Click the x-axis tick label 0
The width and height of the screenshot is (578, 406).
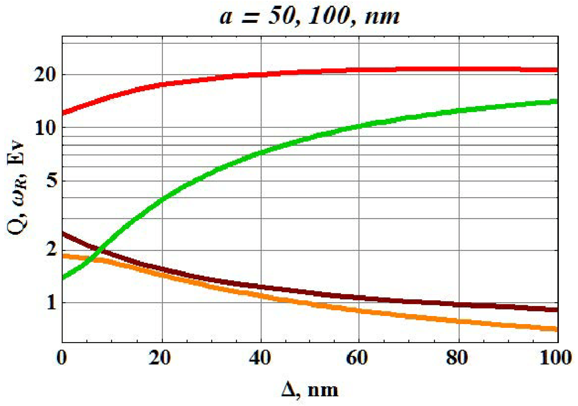tap(62, 358)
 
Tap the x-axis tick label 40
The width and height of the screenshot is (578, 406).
tap(260, 358)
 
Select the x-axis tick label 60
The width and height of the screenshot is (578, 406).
tap(357, 358)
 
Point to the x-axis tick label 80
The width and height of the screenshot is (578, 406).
tap(457, 358)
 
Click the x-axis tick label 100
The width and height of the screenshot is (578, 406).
tap(555, 358)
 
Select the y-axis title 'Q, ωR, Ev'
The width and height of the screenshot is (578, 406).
tap(16, 188)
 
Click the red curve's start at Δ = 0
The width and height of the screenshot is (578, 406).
tap(63, 112)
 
